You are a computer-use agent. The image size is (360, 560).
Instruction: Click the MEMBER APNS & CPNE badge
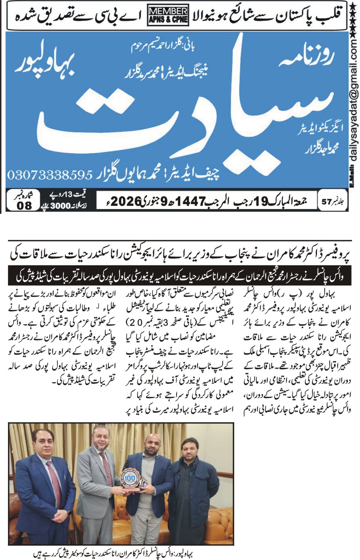click(168, 15)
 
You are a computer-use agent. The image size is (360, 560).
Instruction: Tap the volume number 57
click(326, 202)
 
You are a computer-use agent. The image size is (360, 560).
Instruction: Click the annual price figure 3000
click(61, 206)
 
